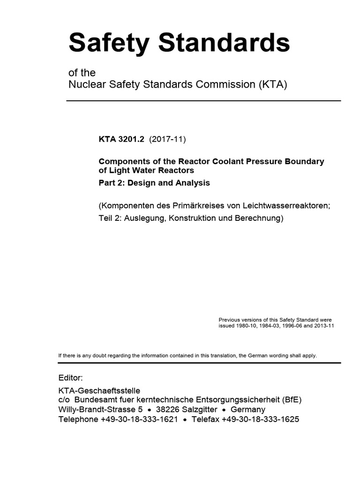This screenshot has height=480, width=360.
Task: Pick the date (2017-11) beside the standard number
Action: coord(167,139)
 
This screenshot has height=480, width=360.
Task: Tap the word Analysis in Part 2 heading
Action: coord(192,183)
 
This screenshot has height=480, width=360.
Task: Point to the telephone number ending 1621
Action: coord(139,420)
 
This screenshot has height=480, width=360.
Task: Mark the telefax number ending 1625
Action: coord(260,420)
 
